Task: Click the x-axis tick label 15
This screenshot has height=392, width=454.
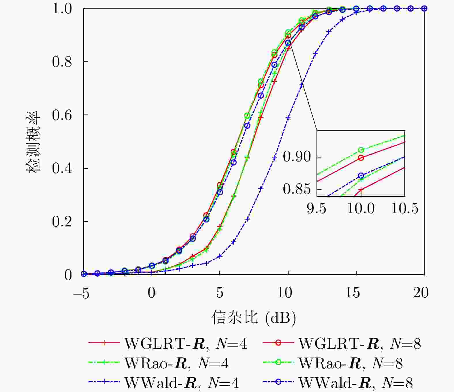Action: pos(353,292)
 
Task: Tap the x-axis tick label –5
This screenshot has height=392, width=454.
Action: pos(81,292)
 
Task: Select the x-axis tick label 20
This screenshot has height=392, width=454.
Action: pos(421,292)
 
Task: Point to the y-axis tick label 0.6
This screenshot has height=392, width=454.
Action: pos(62,115)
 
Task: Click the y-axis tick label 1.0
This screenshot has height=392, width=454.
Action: pos(62,9)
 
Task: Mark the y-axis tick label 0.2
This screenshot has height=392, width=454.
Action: pos(62,222)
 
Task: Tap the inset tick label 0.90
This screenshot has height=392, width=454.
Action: pos(297,157)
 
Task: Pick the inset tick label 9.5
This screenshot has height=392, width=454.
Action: pos(317,208)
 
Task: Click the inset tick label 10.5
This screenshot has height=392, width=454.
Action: pos(404,208)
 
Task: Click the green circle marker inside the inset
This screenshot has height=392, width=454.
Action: pos(361,150)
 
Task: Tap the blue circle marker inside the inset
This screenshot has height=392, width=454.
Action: pos(361,176)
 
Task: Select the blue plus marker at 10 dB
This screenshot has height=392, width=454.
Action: pos(288,118)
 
